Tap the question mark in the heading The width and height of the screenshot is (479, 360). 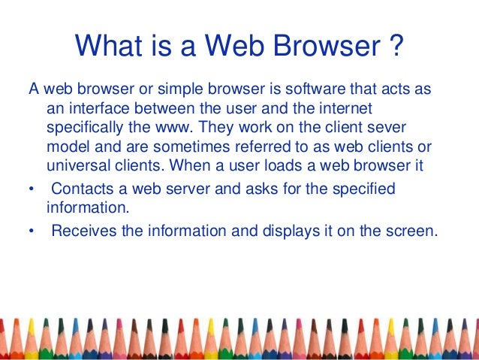click(396, 47)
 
